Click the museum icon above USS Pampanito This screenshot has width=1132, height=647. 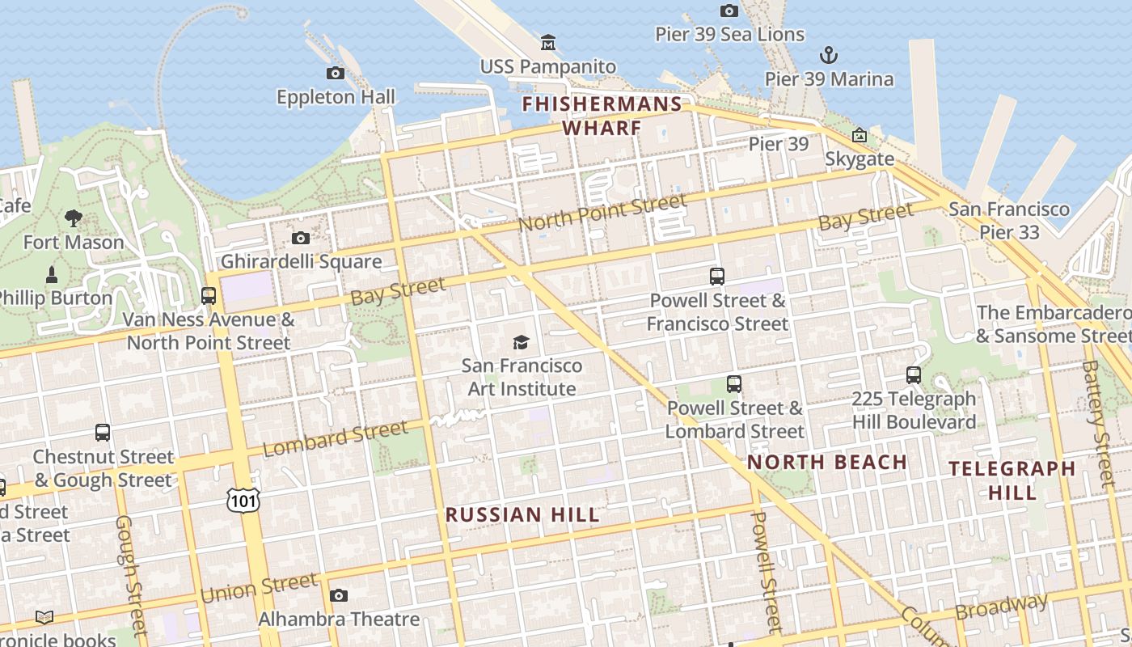click(548, 42)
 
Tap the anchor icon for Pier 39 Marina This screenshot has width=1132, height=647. click(829, 55)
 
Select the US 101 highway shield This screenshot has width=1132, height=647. click(243, 499)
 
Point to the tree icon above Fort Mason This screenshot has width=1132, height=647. click(74, 218)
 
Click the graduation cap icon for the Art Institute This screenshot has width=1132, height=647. click(522, 342)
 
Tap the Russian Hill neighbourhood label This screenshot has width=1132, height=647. click(522, 515)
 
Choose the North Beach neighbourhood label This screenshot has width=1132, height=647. click(826, 463)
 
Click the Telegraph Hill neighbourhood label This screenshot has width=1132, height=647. click(1012, 480)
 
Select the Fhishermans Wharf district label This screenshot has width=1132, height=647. click(602, 116)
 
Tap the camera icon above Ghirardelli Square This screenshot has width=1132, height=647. click(301, 238)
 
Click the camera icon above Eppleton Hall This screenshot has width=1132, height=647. click(336, 73)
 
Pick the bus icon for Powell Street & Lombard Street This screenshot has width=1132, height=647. click(734, 384)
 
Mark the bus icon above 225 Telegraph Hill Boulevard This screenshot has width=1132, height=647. click(914, 375)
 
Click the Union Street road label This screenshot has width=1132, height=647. click(259, 588)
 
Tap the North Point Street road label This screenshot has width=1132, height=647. click(602, 212)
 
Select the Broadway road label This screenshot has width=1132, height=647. click(1001, 606)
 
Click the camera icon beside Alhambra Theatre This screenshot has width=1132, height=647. click(339, 596)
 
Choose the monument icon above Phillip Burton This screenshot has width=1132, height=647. click(52, 274)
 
